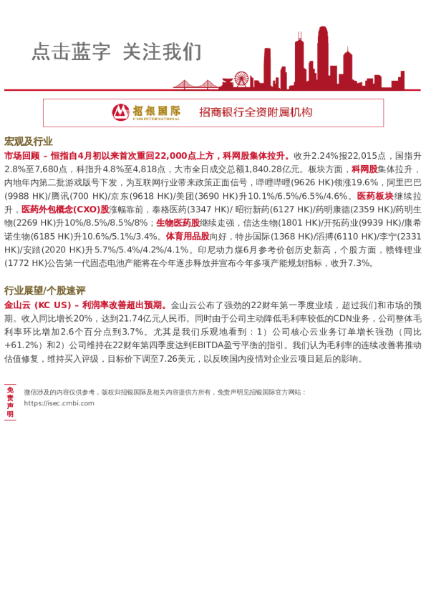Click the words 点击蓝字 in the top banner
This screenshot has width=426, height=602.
[x=71, y=52]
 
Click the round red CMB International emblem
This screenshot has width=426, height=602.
[x=121, y=112]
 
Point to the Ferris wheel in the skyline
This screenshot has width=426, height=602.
[x=241, y=79]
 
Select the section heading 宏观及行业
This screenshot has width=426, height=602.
[x=29, y=142]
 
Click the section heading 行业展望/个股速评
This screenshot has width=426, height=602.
[x=44, y=290]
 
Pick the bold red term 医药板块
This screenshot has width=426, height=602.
[x=375, y=196]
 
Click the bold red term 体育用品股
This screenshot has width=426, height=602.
[x=188, y=236]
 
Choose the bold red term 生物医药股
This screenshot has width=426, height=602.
[x=178, y=222]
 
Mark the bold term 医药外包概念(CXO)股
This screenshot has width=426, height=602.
[x=65, y=209]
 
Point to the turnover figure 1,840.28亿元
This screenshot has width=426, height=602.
[x=257, y=169]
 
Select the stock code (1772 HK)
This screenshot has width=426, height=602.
[x=24, y=263]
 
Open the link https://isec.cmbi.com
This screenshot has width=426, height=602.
[x=59, y=403]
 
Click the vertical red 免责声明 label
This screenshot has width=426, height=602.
[x=10, y=402]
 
